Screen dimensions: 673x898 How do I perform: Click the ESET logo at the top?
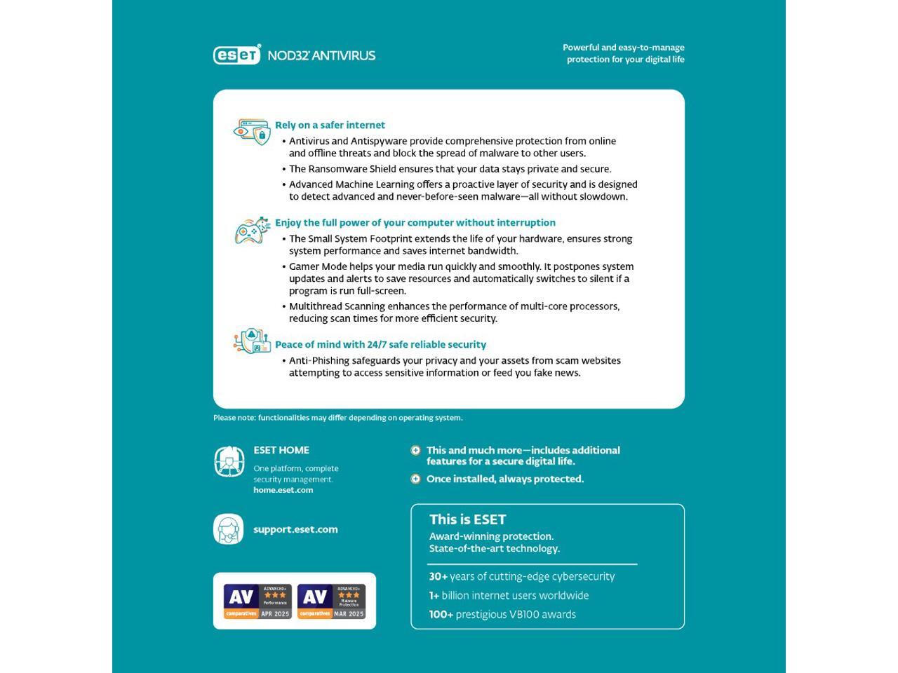(x=236, y=55)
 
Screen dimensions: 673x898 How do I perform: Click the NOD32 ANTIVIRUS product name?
(x=322, y=55)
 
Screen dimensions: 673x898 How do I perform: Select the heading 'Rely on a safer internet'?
(x=330, y=125)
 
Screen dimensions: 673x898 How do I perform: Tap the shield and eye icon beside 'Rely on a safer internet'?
(x=252, y=132)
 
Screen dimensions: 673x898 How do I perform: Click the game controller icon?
(x=252, y=231)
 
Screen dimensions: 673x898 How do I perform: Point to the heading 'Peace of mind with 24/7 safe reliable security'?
(x=380, y=344)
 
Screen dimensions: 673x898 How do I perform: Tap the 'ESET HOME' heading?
(x=281, y=450)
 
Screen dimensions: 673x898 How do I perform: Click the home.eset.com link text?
(x=283, y=490)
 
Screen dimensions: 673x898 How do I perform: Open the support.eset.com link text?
(x=295, y=529)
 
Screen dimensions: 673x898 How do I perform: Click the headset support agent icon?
(x=229, y=529)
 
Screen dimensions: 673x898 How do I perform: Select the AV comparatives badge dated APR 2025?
(x=257, y=601)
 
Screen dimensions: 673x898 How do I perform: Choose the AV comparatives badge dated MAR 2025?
(x=331, y=601)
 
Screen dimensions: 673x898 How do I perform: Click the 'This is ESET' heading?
(x=467, y=519)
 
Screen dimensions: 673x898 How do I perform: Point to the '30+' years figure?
(x=438, y=576)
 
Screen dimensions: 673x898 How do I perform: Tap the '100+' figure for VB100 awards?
(x=441, y=614)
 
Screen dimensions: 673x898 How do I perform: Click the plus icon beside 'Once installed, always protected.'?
(x=415, y=479)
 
